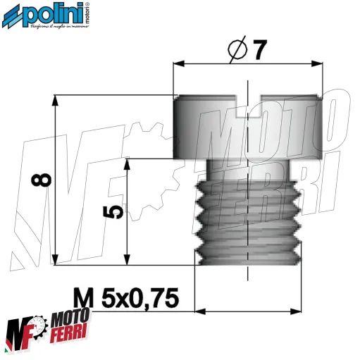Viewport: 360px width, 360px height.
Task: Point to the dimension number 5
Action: coord(116,211)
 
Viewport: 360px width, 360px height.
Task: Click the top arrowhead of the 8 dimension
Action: coord(54,100)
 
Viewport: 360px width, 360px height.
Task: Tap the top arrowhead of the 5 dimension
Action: coord(127,163)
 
